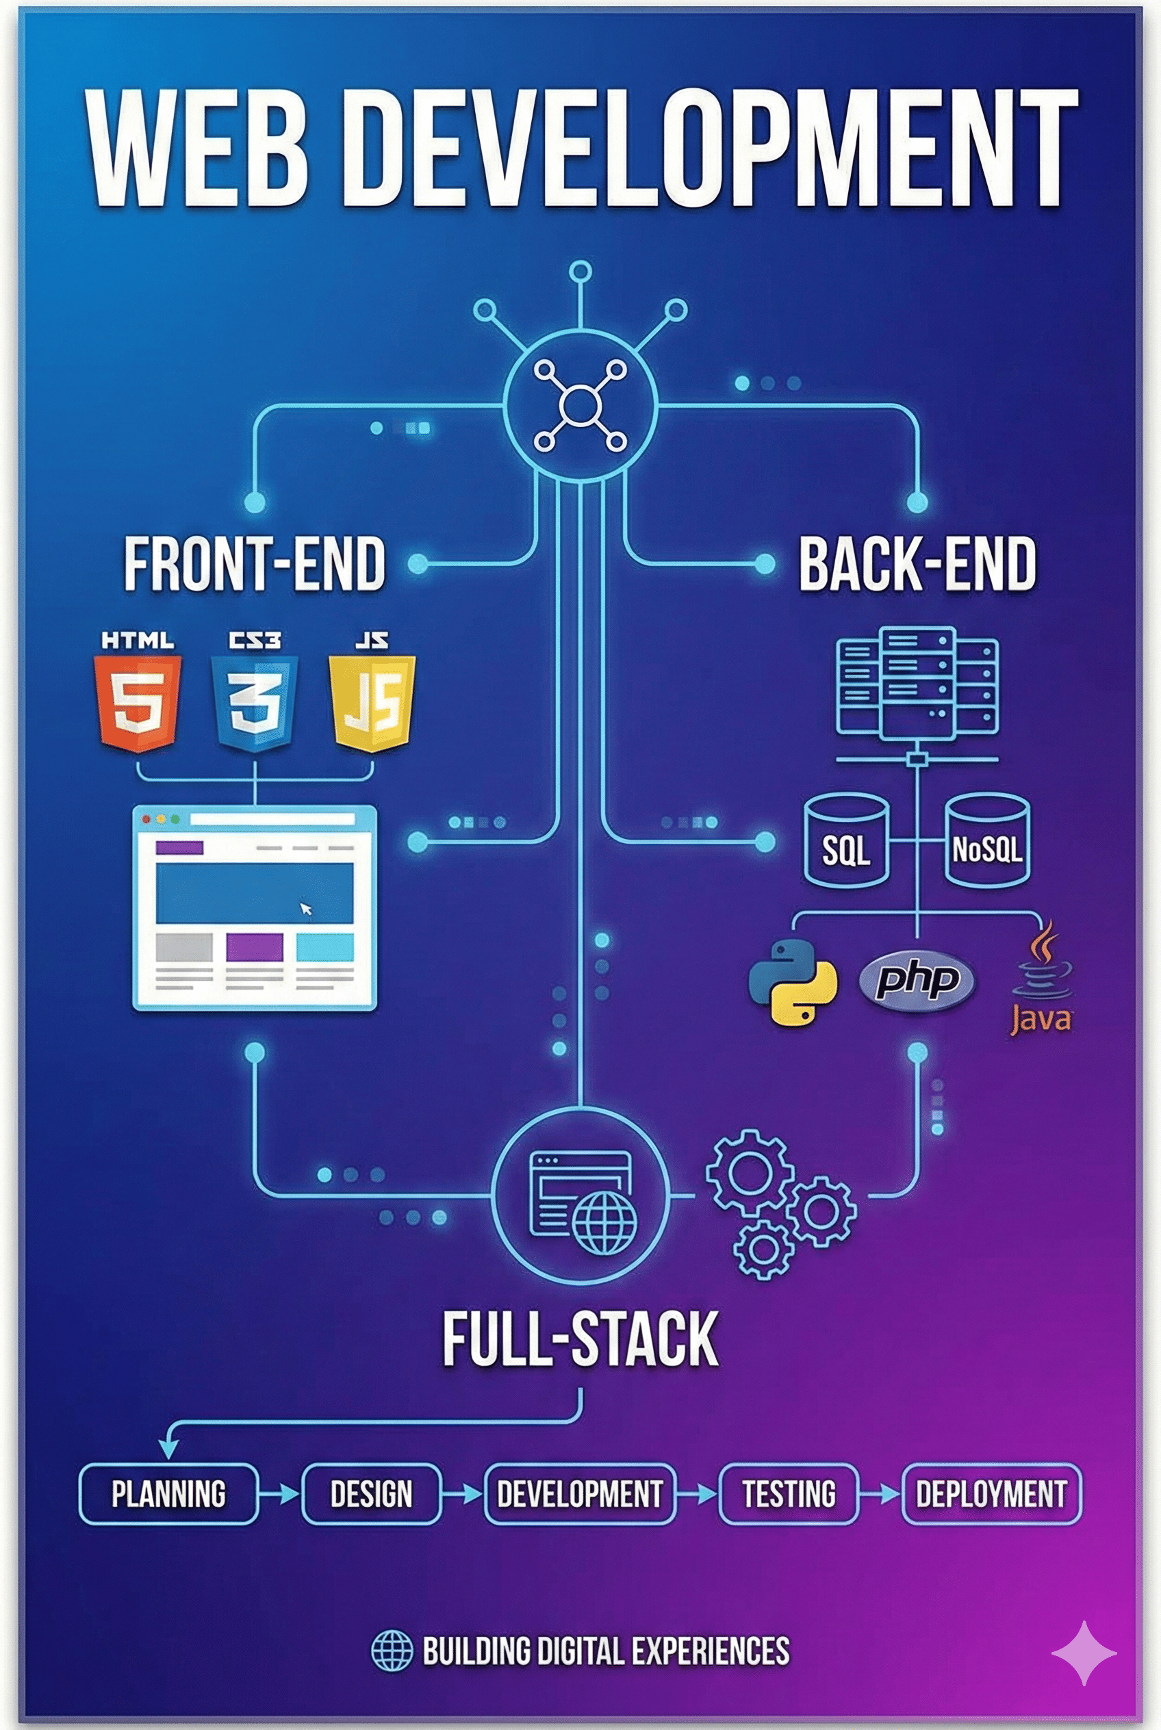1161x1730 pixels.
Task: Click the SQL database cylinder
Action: point(846,840)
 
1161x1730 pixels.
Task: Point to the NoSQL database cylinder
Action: point(987,840)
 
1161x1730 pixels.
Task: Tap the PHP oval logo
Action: point(917,981)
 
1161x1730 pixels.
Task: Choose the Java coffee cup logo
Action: point(1041,977)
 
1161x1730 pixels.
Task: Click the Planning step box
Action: point(169,1493)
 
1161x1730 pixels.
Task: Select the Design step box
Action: point(371,1493)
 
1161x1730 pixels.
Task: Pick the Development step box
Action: point(580,1493)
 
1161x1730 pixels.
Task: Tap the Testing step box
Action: point(789,1493)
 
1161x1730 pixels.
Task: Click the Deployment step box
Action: point(991,1493)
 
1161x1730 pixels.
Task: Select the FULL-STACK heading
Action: point(580,1339)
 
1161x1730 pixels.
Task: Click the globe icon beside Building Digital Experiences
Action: point(391,1651)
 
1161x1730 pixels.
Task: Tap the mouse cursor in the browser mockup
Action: point(306,908)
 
